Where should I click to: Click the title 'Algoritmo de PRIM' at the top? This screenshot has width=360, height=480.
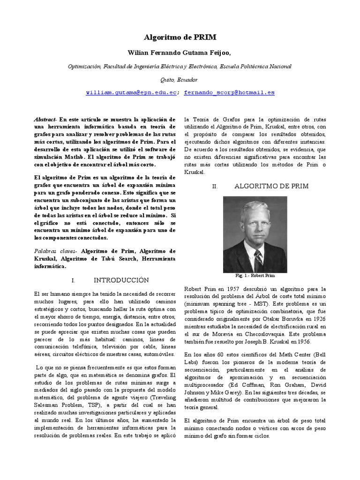pyautogui.click(x=180, y=37)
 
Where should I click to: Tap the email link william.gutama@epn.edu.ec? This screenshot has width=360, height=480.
pyautogui.click(x=131, y=93)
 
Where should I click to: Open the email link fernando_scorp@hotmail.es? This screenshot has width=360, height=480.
pyautogui.click(x=229, y=93)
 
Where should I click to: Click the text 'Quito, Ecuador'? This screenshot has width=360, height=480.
pyautogui.click(x=180, y=80)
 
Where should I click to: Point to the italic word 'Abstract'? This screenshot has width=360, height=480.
pyautogui.click(x=45, y=120)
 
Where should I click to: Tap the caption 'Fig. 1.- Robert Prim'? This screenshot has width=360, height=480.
pyautogui.click(x=255, y=276)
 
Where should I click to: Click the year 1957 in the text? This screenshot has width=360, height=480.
pyautogui.click(x=225, y=289)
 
